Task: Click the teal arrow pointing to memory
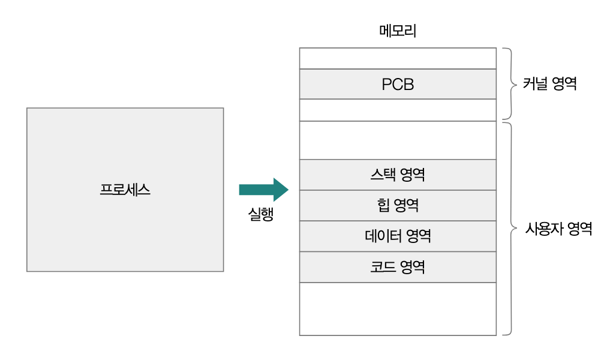[263, 190]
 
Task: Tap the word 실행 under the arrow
[261, 214]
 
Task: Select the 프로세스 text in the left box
[125, 190]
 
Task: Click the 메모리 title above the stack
[398, 31]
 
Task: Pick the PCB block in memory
[398, 84]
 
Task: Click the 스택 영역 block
[398, 175]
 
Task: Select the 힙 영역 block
[398, 205]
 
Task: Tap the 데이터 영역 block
[398, 236]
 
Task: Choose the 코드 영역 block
[398, 267]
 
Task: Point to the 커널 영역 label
[549, 83]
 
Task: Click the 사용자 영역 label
[558, 229]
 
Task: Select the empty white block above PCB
[398, 58]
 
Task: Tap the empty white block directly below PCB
[398, 110]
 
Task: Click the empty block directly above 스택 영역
[398, 140]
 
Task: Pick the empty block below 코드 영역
[398, 309]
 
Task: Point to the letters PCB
[398, 84]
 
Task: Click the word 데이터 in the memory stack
[383, 236]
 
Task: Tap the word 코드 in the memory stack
[383, 267]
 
